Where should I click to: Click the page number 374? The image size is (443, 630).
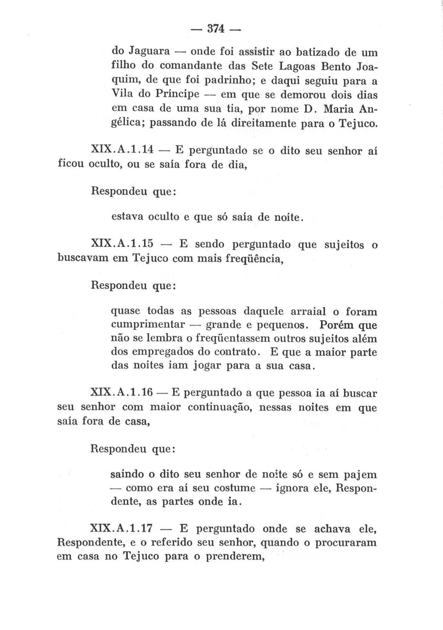(x=216, y=29)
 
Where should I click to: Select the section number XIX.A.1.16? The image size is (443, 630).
(x=122, y=392)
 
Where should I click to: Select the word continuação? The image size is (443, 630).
(x=219, y=407)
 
